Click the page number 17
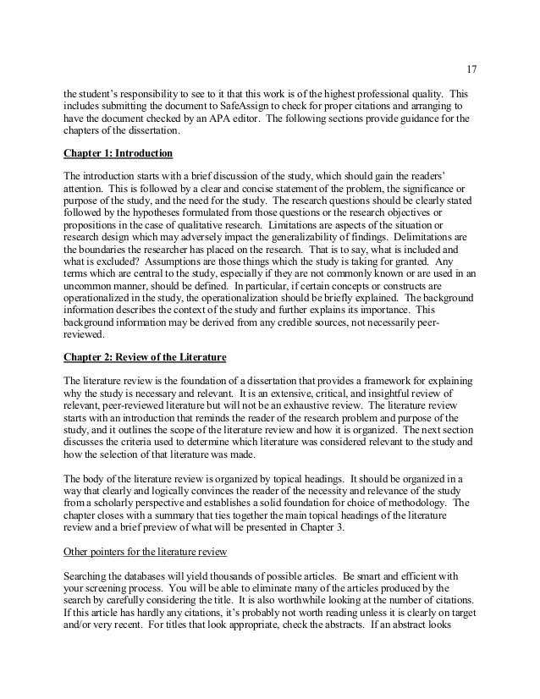tap(471, 69)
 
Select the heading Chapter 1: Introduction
tap(118, 153)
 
